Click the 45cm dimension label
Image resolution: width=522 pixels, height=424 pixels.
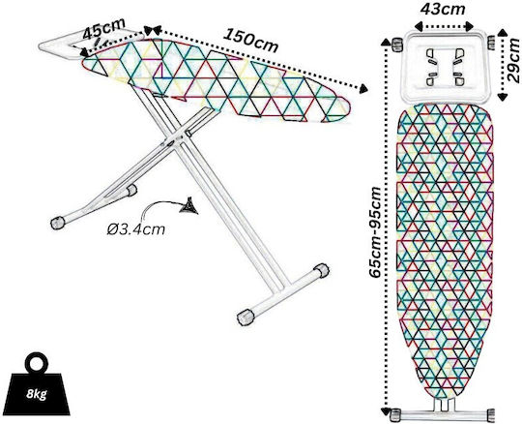(103, 28)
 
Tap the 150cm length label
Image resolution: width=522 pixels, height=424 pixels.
(250, 41)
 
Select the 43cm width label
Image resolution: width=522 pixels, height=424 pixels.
(443, 9)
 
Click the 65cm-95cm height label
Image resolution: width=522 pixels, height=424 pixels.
(375, 232)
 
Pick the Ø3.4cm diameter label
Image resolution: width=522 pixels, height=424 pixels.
(136, 229)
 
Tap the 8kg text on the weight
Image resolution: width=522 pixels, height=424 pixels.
(37, 394)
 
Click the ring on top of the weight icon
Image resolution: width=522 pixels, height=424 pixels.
(37, 363)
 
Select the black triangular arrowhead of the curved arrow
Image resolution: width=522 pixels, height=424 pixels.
(189, 206)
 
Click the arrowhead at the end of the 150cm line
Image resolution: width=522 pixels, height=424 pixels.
(363, 89)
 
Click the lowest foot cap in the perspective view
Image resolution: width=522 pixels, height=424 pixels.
(246, 317)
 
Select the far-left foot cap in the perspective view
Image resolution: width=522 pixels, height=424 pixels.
(57, 223)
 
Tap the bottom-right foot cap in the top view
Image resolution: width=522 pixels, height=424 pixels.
(491, 414)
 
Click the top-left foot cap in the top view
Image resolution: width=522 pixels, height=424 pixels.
(396, 45)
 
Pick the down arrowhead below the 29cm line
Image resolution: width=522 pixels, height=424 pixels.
(503, 97)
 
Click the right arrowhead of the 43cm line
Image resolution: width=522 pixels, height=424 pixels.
(470, 26)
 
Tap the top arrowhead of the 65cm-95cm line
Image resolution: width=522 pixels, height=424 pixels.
(386, 42)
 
